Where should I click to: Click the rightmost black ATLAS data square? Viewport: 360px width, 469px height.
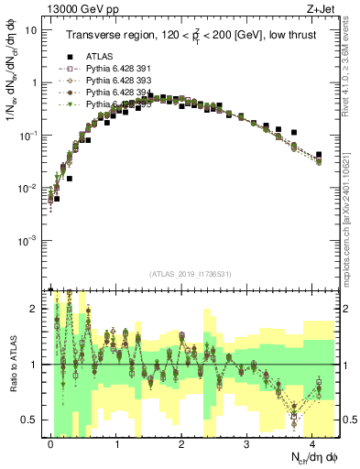click(319, 155)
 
